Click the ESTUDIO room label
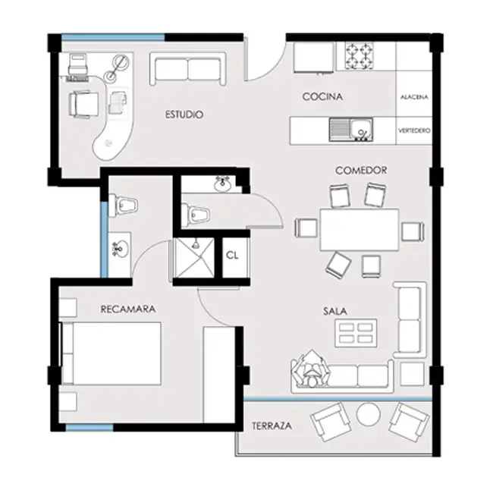point(184,115)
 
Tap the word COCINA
point(322,96)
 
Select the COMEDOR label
point(361,171)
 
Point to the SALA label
point(335,311)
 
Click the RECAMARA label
point(128,309)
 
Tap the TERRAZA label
point(272,426)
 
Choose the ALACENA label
point(414,97)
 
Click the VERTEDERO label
point(414,130)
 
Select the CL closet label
point(232,256)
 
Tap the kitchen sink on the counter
point(351,130)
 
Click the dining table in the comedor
point(360,230)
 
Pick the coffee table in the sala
point(356,333)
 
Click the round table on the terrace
point(368,414)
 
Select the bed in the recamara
point(110,353)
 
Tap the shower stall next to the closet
point(194,258)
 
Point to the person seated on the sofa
point(312,369)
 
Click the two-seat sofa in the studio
point(187,69)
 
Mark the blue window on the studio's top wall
point(113,37)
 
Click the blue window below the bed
point(89,427)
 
